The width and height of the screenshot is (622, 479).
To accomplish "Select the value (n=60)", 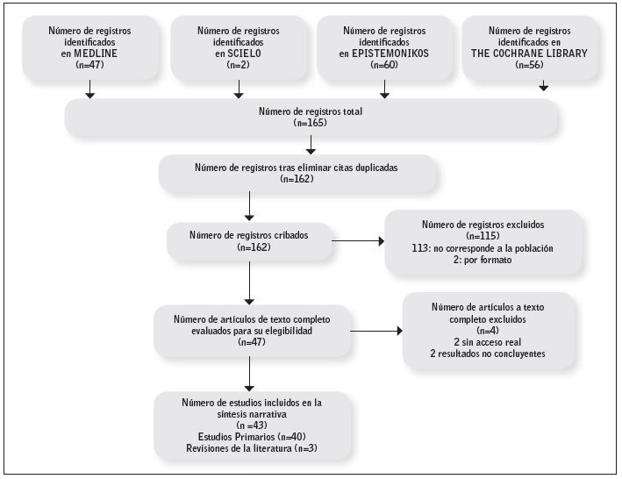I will (382, 66).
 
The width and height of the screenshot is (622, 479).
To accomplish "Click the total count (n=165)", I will (311, 125).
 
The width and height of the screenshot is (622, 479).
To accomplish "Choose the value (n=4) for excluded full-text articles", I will (490, 331).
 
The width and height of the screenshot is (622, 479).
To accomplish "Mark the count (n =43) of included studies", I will (252, 425).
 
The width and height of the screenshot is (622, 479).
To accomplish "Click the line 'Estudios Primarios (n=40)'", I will (252, 437).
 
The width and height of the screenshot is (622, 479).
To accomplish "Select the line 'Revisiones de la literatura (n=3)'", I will (252, 448).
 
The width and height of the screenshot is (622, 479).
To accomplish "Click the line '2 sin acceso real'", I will (490, 343).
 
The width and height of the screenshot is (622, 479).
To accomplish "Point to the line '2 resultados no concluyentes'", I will (490, 354).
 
